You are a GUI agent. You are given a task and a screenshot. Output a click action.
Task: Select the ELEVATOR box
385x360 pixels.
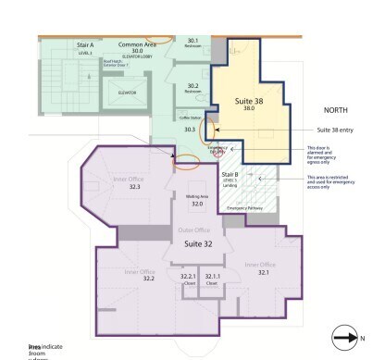[128, 93]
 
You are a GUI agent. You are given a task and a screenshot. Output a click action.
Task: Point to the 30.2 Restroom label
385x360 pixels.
[192, 88]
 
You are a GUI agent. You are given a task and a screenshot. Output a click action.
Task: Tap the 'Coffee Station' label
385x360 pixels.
[190, 117]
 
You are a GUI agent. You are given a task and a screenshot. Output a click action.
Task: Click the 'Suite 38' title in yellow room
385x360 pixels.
[248, 100]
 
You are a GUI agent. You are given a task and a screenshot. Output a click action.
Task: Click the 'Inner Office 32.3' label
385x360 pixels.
[135, 183]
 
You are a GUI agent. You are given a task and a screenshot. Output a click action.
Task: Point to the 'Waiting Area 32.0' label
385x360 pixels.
[196, 200]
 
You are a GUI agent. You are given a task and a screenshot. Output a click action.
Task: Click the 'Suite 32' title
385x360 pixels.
[200, 243]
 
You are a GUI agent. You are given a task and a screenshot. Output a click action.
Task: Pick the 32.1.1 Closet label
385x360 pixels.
[213, 279]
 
